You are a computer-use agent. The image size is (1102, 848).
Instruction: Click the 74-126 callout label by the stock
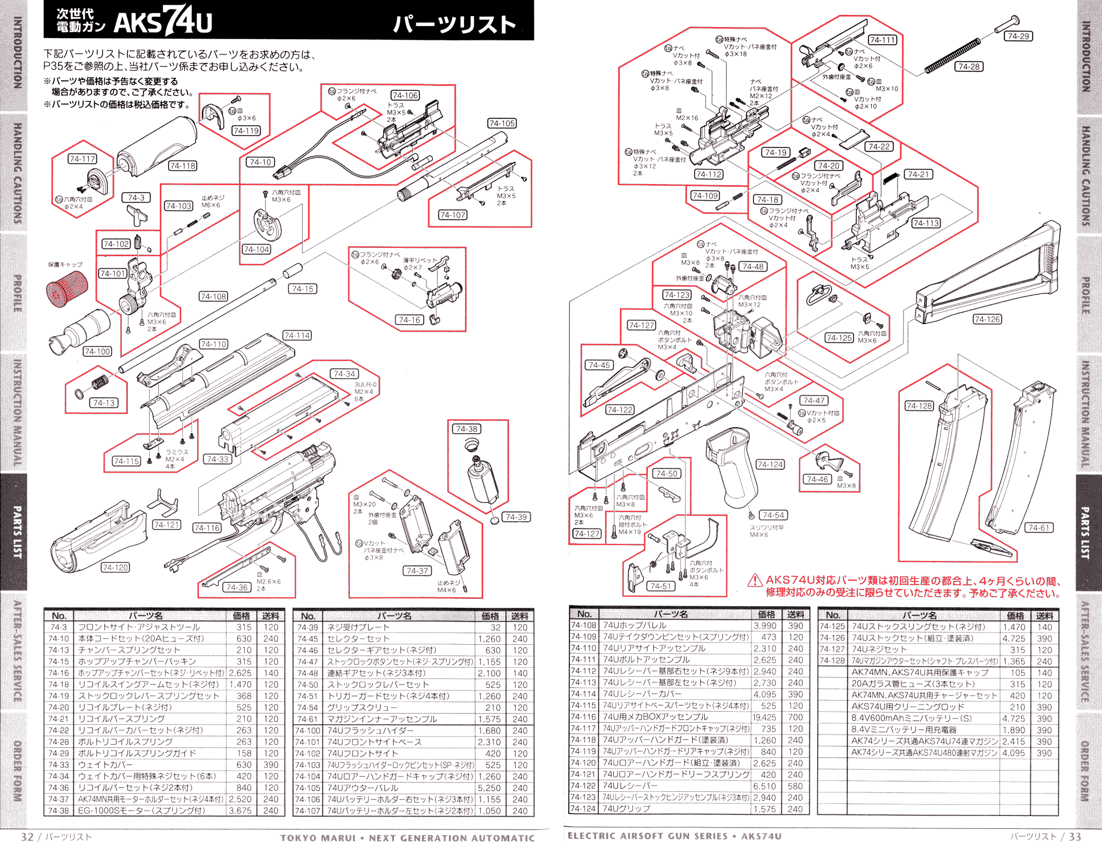(987, 319)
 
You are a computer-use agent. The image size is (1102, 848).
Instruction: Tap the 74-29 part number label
(1018, 36)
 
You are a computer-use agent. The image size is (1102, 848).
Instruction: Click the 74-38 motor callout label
(466, 429)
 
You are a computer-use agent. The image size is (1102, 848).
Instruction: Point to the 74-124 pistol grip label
(770, 464)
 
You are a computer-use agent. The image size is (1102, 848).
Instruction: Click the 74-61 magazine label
(1039, 527)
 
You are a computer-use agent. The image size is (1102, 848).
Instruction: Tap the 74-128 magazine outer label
(919, 406)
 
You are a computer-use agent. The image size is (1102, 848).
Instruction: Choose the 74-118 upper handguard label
(182, 165)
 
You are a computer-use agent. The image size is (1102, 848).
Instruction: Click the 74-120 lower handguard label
(115, 567)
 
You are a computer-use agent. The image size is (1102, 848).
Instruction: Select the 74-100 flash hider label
(98, 351)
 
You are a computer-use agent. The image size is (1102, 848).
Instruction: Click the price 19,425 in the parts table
(764, 717)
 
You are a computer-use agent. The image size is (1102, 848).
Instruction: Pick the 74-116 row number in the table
(583, 717)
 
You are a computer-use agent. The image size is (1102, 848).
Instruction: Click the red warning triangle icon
(754, 580)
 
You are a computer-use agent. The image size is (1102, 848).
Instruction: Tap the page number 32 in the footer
(28, 836)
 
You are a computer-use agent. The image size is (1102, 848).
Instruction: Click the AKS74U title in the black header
(163, 22)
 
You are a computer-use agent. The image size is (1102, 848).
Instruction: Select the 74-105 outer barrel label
(501, 123)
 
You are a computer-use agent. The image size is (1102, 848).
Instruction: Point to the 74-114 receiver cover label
(297, 335)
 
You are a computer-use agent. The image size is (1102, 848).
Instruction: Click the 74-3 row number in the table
(58, 627)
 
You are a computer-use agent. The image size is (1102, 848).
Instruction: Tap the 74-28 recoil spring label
(969, 67)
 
